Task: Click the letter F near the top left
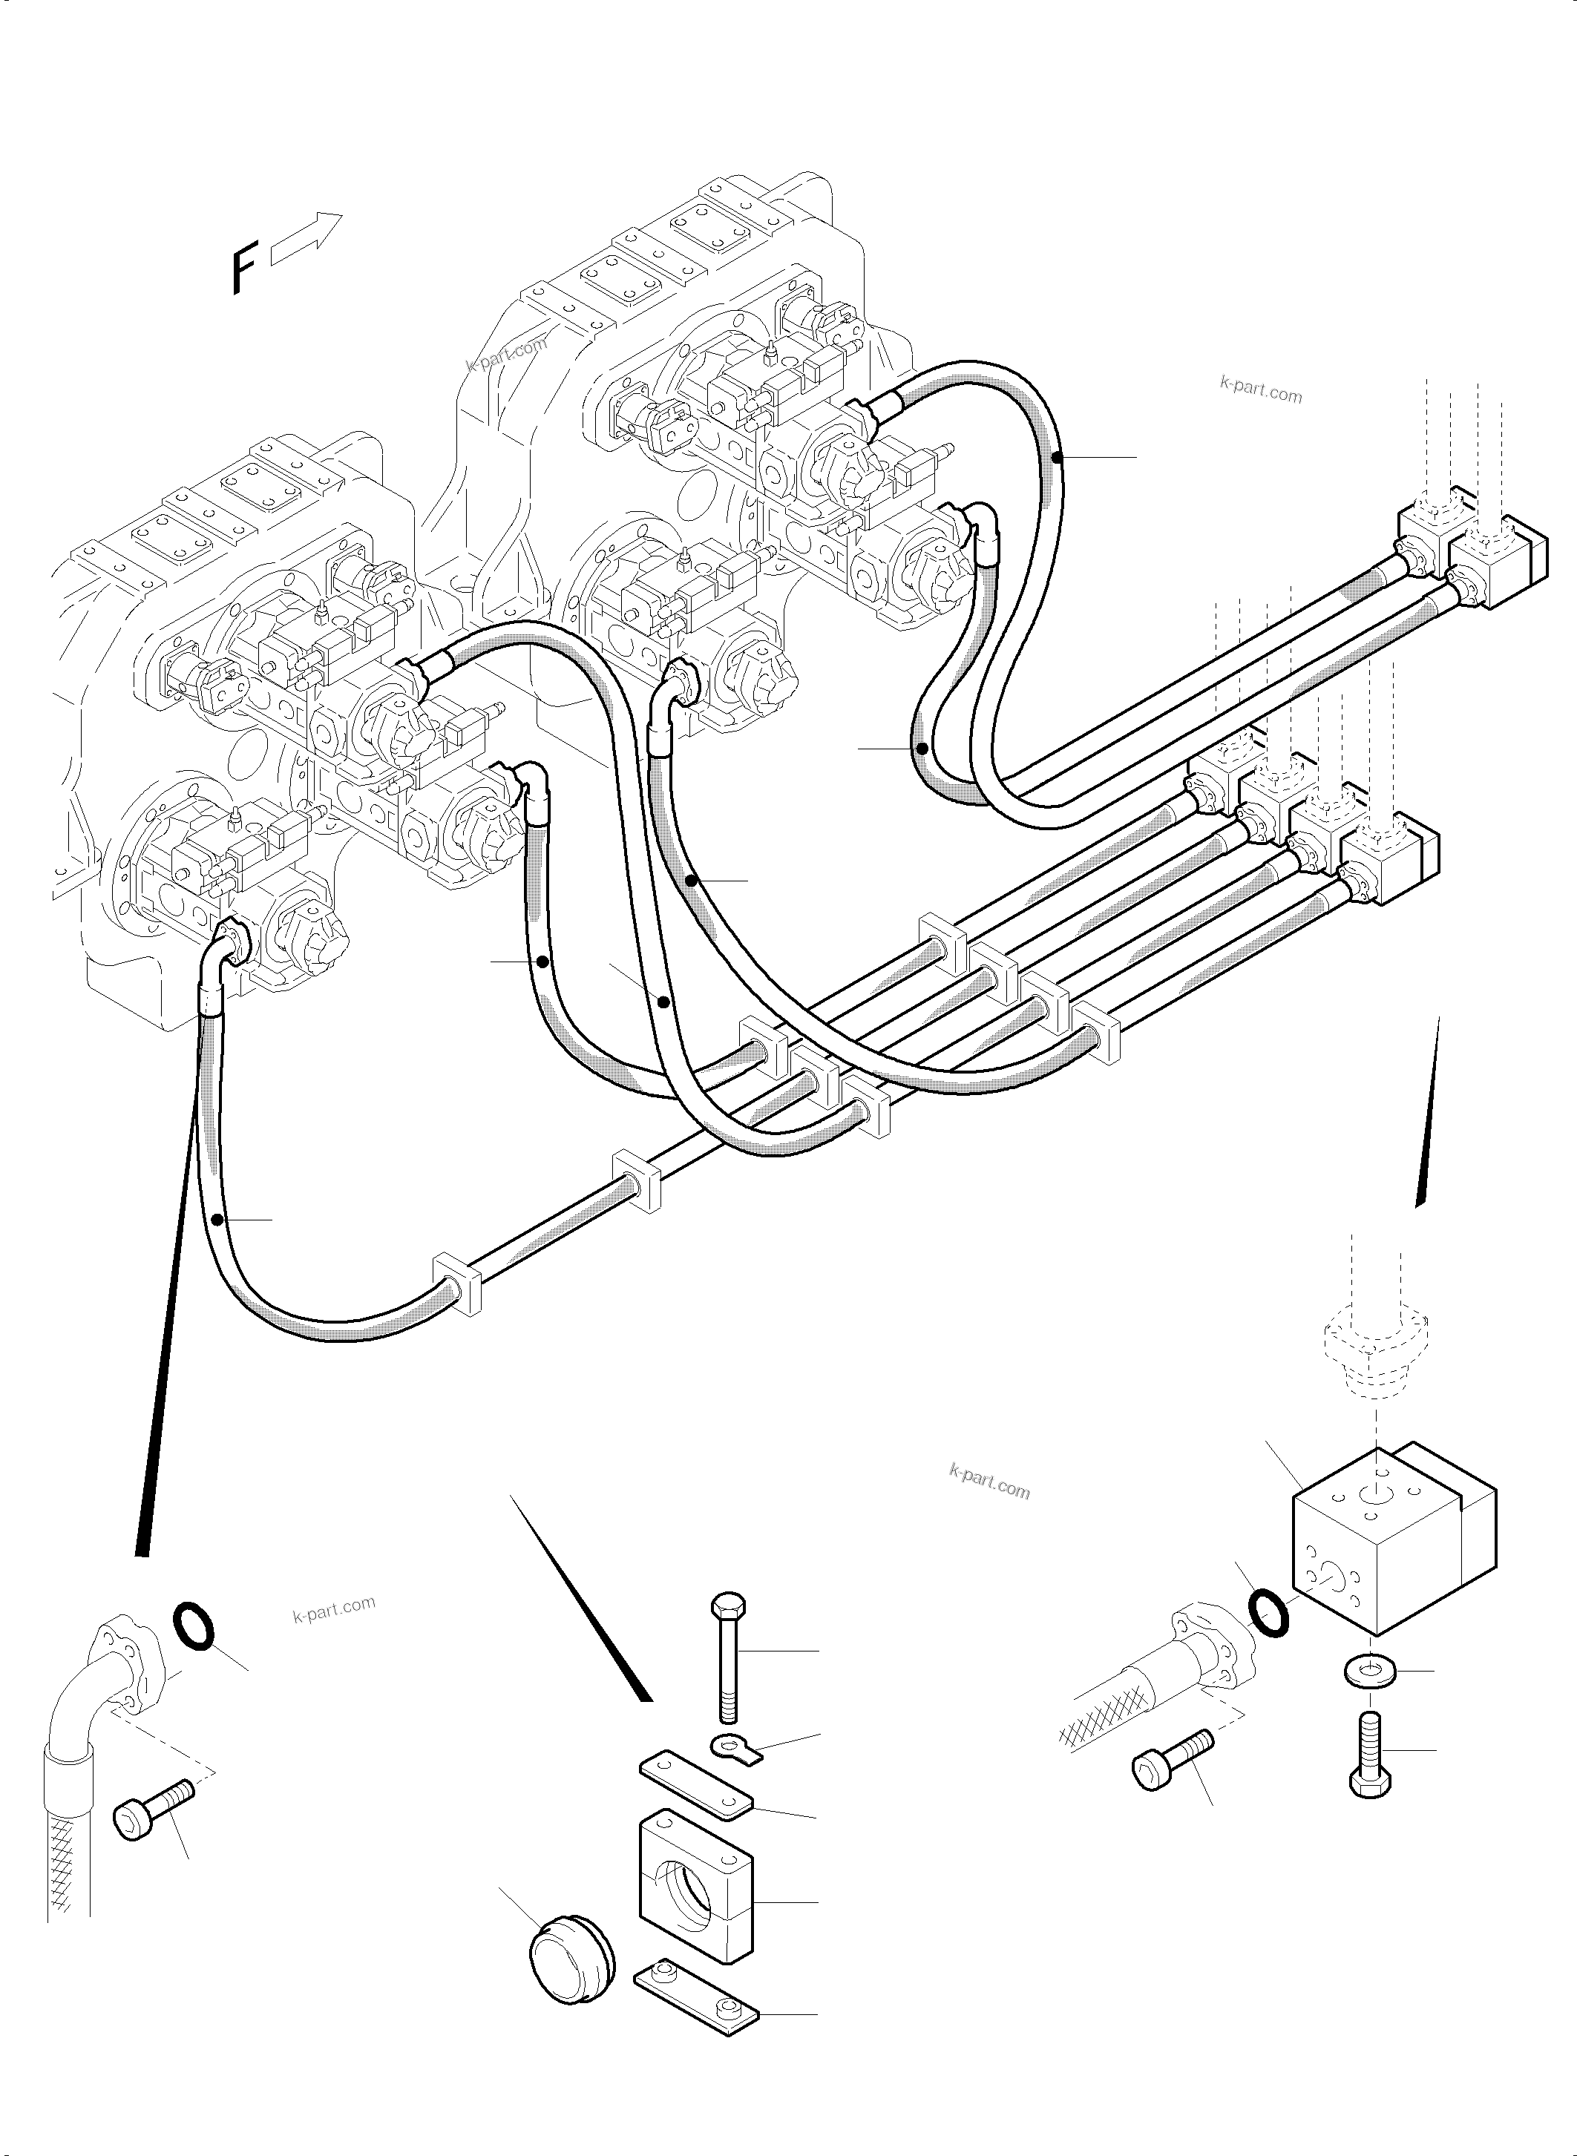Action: (x=244, y=269)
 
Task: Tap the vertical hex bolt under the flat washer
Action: (x=1371, y=1752)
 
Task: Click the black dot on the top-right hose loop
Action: (x=1057, y=458)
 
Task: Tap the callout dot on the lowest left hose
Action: (x=219, y=1220)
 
